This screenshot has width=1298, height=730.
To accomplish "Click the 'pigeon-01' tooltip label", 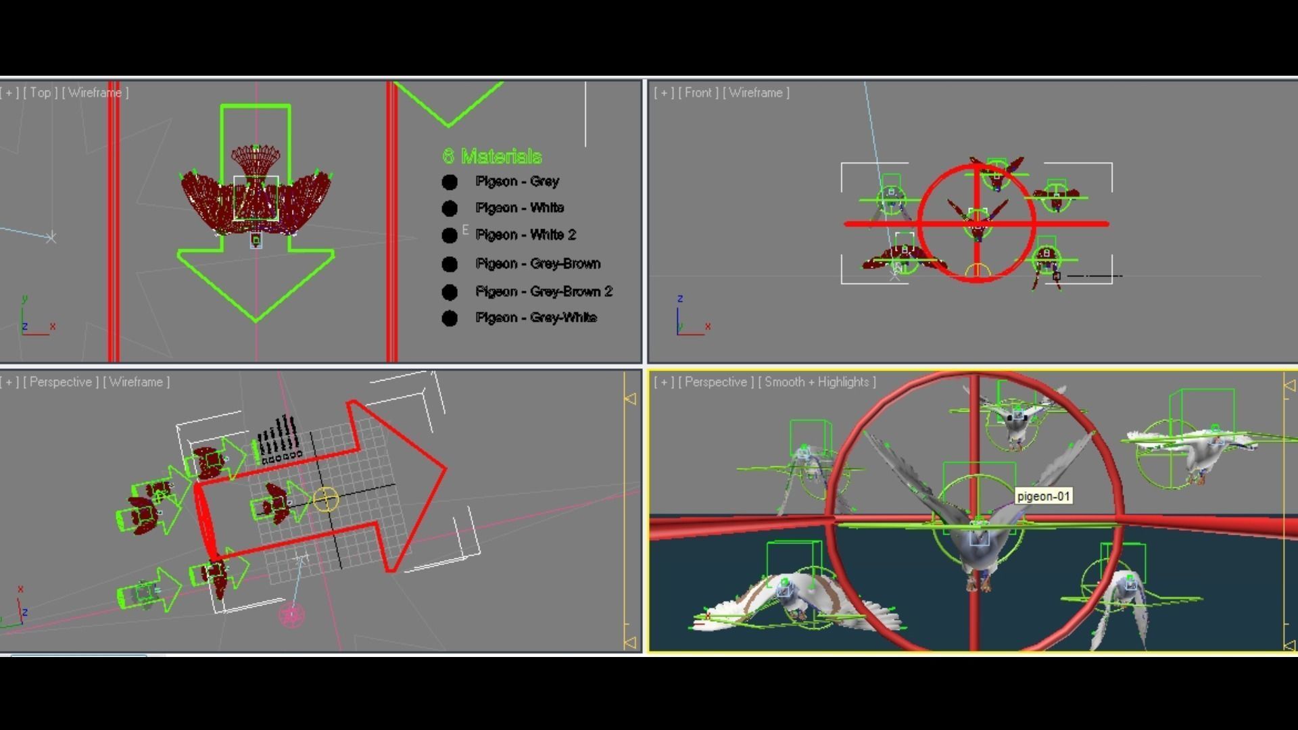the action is tap(1043, 496).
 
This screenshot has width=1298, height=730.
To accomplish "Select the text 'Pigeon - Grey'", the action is tap(517, 181).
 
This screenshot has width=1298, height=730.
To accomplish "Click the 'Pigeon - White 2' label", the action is tap(526, 235).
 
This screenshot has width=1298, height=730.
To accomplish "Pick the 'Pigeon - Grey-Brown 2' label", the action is tap(544, 291).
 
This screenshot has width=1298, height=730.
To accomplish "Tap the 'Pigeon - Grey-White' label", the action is tap(536, 318).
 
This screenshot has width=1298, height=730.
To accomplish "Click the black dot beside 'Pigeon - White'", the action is tap(450, 208).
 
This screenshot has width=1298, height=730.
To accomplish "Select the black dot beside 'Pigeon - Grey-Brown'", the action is tap(450, 264).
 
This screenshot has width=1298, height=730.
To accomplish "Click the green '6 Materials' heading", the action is tap(492, 156).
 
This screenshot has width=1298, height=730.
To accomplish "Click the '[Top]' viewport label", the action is tap(41, 93).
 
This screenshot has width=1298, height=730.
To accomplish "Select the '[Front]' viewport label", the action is tap(698, 93).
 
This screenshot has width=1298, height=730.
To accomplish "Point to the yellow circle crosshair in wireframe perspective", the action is tap(326, 499).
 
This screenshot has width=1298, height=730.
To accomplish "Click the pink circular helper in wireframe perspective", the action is tap(291, 615).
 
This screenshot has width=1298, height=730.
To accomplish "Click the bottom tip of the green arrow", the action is tap(256, 320).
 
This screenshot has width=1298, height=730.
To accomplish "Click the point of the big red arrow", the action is tap(446, 467).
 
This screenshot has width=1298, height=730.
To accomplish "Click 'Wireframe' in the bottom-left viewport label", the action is tap(136, 382).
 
